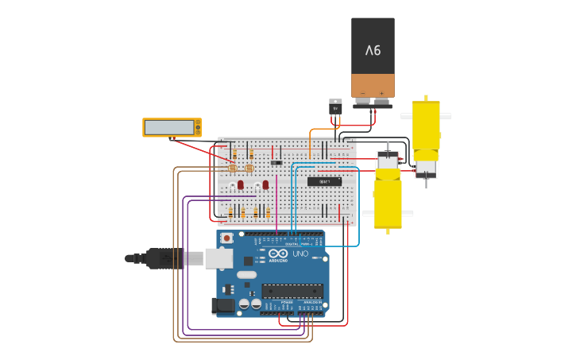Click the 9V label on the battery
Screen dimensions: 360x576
pos(373,51)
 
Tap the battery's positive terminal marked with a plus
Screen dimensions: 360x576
pos(382,94)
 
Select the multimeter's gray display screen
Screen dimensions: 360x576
pos(169,127)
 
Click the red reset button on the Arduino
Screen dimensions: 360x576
pos(227,238)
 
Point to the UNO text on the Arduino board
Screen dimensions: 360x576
pos(300,254)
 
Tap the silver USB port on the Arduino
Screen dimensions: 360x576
pos(218,258)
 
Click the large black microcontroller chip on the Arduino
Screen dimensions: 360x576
pos(292,291)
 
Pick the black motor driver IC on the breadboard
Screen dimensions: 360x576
pos(324,181)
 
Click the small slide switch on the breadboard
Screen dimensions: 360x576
pos(276,163)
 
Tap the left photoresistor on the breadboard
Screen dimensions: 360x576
pos(233,168)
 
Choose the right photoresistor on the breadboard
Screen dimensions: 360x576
pos(249,168)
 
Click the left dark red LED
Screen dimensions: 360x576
pos(241,184)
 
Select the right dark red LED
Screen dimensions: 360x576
pos(265,184)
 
